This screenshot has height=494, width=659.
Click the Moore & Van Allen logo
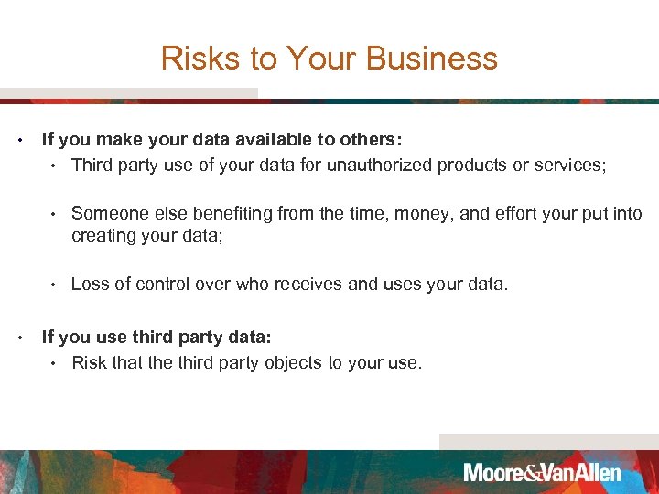(x=542, y=473)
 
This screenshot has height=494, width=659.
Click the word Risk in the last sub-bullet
(x=89, y=363)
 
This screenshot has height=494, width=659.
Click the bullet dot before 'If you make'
(x=19, y=141)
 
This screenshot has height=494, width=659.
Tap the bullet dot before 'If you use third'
(x=19, y=338)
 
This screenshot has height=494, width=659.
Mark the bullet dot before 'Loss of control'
(x=56, y=285)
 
